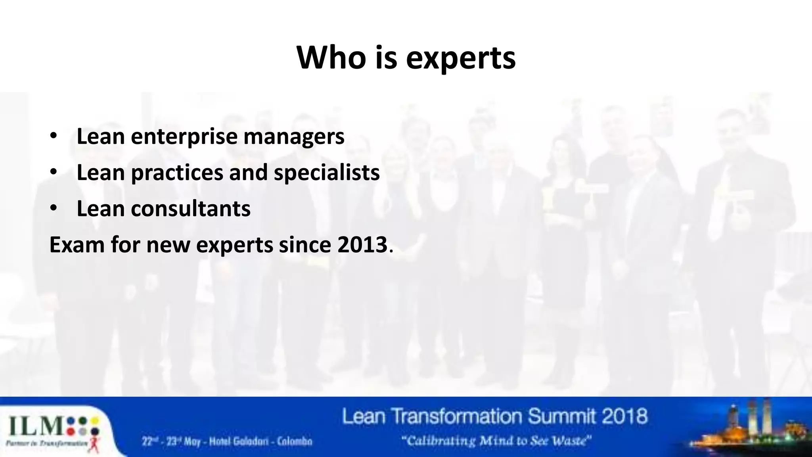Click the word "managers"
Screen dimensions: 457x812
[294, 137]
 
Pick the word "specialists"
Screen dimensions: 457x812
[326, 173]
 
